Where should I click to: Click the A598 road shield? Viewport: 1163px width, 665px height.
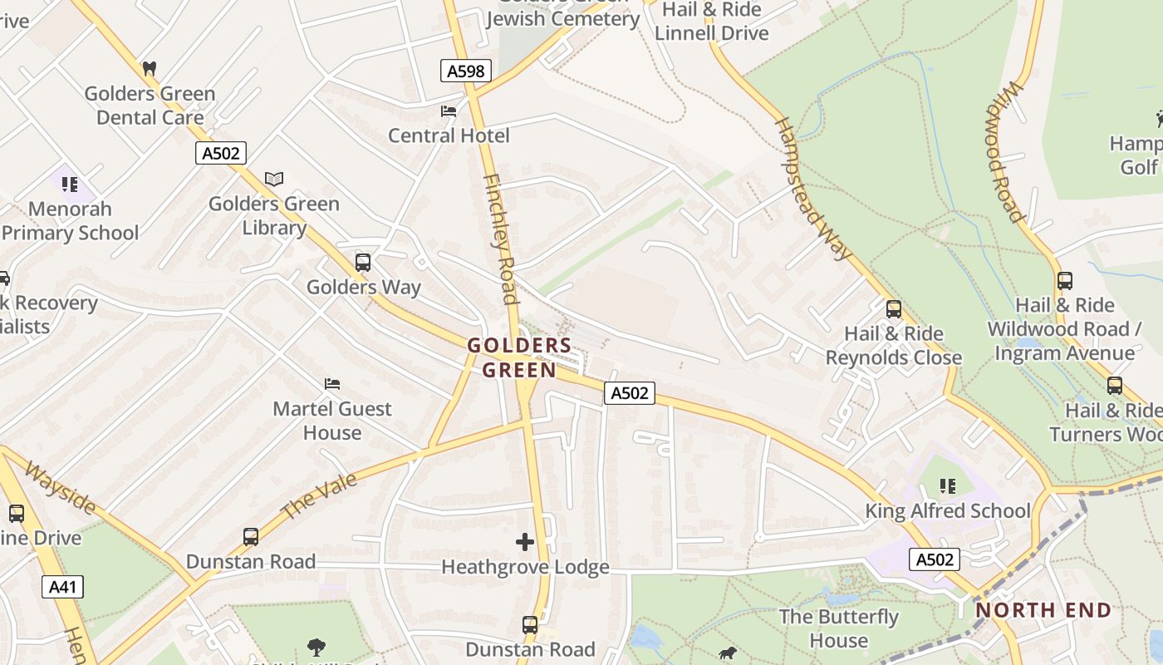[465, 71]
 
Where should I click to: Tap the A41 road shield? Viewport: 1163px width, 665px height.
[62, 587]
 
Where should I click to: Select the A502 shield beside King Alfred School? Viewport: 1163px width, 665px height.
[935, 559]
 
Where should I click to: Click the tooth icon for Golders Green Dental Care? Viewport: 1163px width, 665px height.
[150, 68]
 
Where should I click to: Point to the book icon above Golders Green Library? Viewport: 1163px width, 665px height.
[274, 179]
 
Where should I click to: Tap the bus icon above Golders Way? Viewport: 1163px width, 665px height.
[363, 263]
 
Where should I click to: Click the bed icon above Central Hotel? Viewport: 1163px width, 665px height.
[449, 111]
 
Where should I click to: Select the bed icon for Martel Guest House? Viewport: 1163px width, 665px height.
[332, 383]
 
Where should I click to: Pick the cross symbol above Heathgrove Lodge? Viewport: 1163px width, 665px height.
[525, 542]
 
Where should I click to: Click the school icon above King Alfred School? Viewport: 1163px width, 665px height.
[947, 485]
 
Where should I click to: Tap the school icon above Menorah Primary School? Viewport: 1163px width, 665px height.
[70, 184]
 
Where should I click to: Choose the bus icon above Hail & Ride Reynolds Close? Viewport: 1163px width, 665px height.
[894, 309]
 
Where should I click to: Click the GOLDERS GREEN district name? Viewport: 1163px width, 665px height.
[519, 357]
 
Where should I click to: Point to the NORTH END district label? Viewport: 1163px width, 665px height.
[1043, 610]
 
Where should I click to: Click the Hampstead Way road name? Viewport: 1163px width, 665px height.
[813, 189]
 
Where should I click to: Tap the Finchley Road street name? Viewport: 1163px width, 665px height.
[500, 239]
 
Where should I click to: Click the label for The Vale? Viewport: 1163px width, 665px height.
[319, 496]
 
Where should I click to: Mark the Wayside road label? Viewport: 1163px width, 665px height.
[59, 489]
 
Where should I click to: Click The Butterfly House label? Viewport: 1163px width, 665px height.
[839, 628]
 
